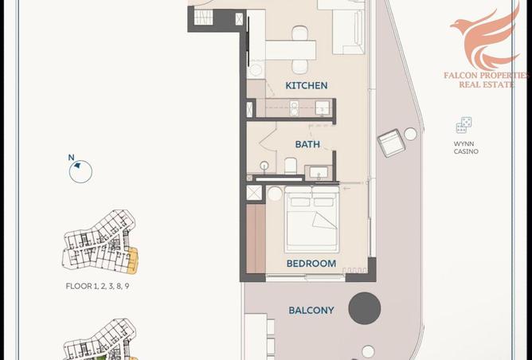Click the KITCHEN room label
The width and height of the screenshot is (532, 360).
307,85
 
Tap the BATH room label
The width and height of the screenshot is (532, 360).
307,144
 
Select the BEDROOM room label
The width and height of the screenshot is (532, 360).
311,264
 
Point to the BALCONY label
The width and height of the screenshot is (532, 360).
311,310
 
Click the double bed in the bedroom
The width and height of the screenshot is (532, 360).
312,219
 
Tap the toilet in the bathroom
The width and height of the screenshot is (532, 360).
291,166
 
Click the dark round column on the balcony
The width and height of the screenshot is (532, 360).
365,308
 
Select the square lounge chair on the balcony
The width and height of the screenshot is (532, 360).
392,143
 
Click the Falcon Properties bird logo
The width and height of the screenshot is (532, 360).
486,37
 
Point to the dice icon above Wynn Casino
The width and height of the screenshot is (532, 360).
464,125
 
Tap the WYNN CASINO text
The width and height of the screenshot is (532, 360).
466,147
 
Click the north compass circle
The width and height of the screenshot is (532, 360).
80,172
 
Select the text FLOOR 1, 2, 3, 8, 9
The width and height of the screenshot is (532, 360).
97,286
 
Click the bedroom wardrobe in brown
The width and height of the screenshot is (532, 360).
256,238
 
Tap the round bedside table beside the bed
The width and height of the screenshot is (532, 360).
275,194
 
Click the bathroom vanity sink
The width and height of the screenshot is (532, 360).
319,172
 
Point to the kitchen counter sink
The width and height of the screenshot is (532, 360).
323,108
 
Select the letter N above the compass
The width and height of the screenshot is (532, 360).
71,158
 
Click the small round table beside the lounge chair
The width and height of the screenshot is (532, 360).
410,134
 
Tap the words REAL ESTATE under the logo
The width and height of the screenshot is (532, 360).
486,84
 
